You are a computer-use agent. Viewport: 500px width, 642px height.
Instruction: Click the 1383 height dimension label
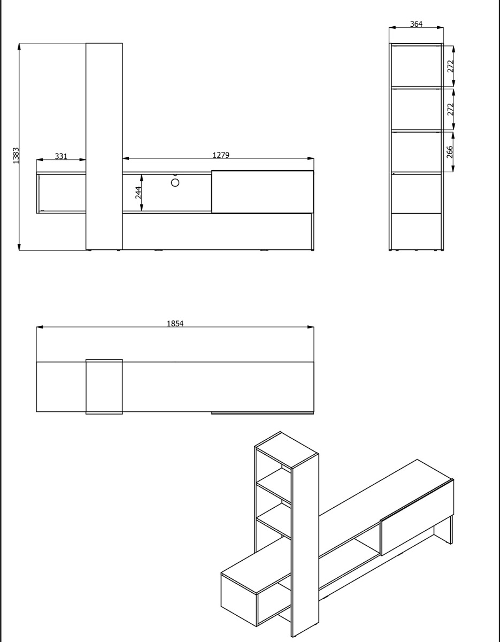(16, 156)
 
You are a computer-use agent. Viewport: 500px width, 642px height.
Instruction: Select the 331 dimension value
(61, 156)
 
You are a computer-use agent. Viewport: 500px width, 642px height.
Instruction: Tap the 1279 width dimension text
(220, 155)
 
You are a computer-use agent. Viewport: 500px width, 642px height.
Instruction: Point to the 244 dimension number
(139, 193)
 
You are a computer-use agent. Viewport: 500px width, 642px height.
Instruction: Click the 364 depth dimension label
(416, 24)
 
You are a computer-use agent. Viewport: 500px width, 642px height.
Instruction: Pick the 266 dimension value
(450, 152)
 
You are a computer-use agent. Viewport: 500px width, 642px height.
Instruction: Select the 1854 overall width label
(175, 323)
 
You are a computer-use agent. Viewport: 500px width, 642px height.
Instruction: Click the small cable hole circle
(175, 182)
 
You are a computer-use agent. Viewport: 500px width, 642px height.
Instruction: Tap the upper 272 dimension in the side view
(450, 66)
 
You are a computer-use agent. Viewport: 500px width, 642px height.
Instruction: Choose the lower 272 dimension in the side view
(450, 109)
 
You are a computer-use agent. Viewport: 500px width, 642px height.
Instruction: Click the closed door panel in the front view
(262, 192)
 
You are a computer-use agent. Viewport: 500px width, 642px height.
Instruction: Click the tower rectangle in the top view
(104, 386)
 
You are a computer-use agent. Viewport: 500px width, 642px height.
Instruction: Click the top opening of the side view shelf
(416, 66)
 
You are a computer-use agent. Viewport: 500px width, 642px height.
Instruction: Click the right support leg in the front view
(311, 231)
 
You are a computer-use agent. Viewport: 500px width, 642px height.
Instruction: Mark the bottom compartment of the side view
(416, 231)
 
